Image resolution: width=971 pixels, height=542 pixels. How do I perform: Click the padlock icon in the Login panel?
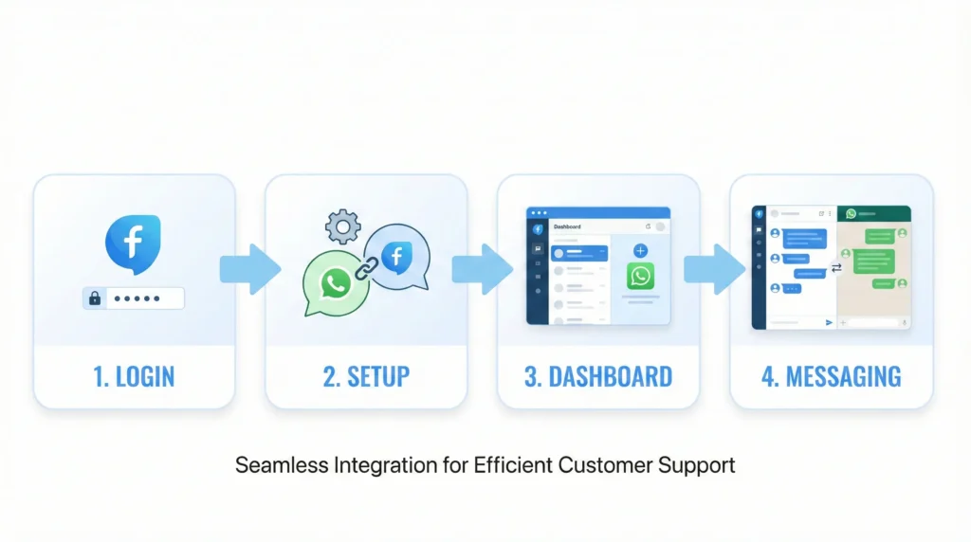pos(95,298)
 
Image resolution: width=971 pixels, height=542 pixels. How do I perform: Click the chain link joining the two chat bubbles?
pos(363,268)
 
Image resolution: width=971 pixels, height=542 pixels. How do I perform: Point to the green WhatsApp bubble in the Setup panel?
pos(335,282)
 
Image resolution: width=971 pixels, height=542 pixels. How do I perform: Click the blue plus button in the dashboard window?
pos(640,250)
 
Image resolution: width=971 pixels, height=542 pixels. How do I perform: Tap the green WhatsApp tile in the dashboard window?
pos(640,276)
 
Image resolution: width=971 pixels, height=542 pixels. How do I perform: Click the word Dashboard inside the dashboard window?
pos(567,227)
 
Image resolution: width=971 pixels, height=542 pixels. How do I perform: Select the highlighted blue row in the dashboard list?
pos(578,253)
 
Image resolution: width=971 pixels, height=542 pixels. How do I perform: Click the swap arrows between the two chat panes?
pos(836,268)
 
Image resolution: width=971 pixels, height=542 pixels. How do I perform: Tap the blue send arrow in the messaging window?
pos(829,323)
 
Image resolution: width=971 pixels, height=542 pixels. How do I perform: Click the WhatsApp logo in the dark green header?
pos(851,214)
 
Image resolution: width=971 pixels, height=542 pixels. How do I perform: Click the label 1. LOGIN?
pos(134,376)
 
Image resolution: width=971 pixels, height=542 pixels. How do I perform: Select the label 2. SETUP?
pos(366,376)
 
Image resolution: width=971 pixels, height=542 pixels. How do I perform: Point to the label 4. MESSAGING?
pos(831,376)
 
